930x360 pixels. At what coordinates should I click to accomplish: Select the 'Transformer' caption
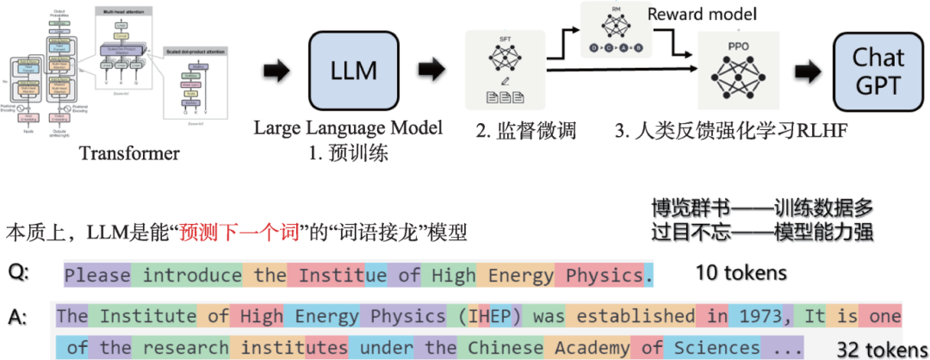[x=129, y=154]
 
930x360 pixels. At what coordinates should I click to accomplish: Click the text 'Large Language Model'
[x=347, y=128]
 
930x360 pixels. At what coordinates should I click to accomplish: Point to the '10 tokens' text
[x=741, y=273]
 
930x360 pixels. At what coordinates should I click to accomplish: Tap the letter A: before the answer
[x=17, y=317]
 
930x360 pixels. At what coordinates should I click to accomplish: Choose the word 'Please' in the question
[x=97, y=276]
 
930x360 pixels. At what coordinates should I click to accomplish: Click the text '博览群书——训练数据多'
[x=763, y=208]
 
